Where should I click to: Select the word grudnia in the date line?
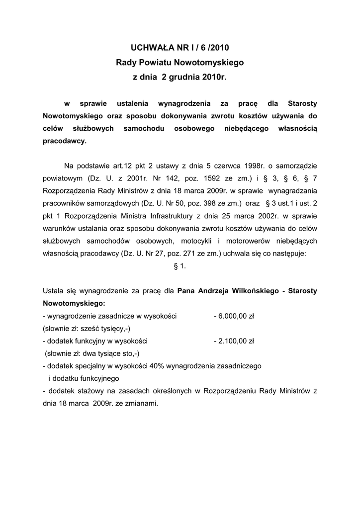point(183,78)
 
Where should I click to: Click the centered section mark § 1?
point(180,266)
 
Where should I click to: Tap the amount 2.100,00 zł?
point(233,341)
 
